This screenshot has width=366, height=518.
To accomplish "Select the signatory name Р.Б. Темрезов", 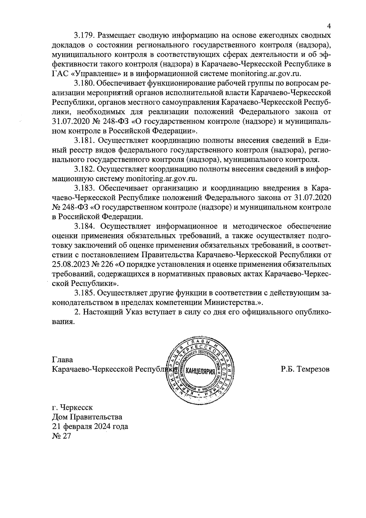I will point(305,369).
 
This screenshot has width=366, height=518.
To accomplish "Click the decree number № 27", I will point(61,436).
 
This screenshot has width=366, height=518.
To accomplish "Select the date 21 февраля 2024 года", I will point(90,426).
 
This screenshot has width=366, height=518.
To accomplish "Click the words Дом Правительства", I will point(87,417).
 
